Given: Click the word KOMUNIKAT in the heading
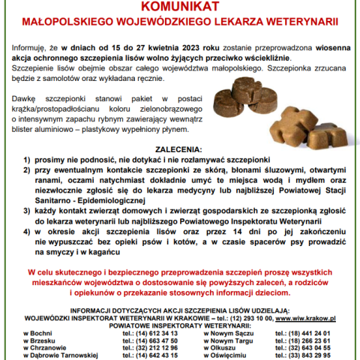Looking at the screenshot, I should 180,7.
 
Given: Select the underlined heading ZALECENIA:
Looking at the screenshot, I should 180,149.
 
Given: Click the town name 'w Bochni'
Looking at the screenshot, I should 38,332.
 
